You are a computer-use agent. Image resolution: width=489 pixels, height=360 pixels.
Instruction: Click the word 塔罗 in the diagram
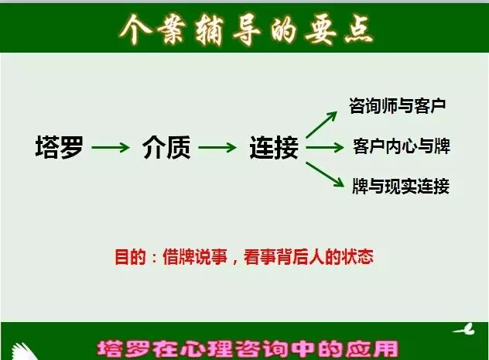point(59,147)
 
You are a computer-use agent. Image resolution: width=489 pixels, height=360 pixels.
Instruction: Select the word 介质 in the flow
point(166,147)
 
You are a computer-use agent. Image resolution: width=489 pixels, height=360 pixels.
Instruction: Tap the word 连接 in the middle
point(274,147)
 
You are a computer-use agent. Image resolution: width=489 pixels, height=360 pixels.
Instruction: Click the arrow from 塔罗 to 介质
point(112,147)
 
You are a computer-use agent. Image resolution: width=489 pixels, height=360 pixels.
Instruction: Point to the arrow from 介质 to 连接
point(219,147)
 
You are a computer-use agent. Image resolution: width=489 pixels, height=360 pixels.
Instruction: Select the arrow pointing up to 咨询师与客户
point(322,125)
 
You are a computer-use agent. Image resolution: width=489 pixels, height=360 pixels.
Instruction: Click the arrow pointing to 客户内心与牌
point(324,146)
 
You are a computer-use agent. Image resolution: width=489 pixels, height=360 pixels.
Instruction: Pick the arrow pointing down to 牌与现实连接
point(323,171)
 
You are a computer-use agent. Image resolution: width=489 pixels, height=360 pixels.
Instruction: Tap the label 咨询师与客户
point(398,105)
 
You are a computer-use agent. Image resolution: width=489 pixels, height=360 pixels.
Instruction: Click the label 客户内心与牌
point(401,146)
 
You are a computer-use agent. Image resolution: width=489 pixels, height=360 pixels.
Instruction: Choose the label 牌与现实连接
point(401,187)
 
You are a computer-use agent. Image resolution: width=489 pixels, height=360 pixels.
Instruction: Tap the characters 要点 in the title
point(341,29)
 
